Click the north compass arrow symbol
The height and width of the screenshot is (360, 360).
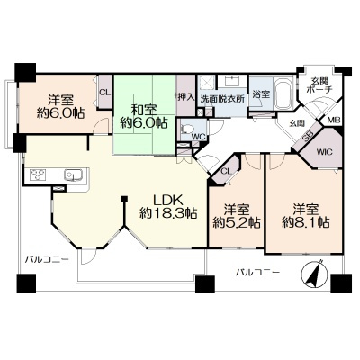tap(313, 274)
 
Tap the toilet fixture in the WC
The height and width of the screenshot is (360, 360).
tap(185, 130)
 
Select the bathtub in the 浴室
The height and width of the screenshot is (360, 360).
tap(283, 94)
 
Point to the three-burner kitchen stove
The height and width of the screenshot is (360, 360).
tap(38, 175)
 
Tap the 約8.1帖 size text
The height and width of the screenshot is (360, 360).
tap(306, 222)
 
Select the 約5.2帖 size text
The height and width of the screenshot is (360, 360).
tap(237, 222)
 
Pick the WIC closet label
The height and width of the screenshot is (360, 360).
tap(325, 152)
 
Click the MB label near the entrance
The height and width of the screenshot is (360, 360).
tap(334, 121)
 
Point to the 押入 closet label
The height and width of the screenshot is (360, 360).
tap(186, 96)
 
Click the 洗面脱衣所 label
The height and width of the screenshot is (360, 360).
tap(222, 99)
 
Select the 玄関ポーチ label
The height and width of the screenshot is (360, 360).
tap(319, 85)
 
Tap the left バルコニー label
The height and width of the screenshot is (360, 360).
tap(47, 258)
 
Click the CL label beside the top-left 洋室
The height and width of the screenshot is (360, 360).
tap(105, 93)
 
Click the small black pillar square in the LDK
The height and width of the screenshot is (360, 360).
tap(124, 199)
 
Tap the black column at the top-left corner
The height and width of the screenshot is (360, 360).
tap(25, 72)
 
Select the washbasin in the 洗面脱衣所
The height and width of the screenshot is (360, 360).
tap(232, 81)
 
